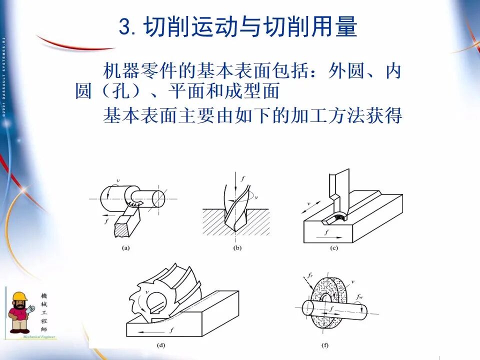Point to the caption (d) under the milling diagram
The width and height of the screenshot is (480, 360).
click(161, 345)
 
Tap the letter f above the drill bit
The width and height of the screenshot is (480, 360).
click(243, 177)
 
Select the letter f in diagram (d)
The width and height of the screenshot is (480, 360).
click(171, 330)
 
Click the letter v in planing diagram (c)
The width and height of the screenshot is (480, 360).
click(308, 203)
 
